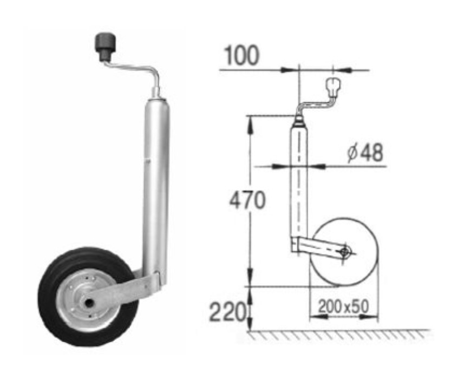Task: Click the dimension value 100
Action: click(241, 56)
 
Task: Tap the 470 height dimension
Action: click(247, 200)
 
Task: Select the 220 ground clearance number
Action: click(227, 312)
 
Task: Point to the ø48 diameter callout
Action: click(365, 153)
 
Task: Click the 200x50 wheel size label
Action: click(344, 306)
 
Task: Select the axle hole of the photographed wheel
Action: click(89, 303)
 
